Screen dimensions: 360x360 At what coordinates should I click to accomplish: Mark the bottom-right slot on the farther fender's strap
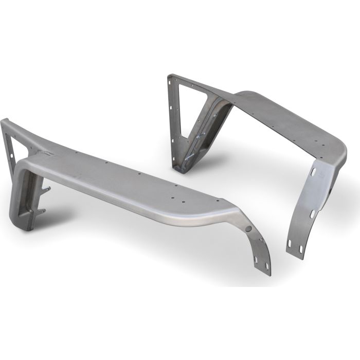(301, 250)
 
